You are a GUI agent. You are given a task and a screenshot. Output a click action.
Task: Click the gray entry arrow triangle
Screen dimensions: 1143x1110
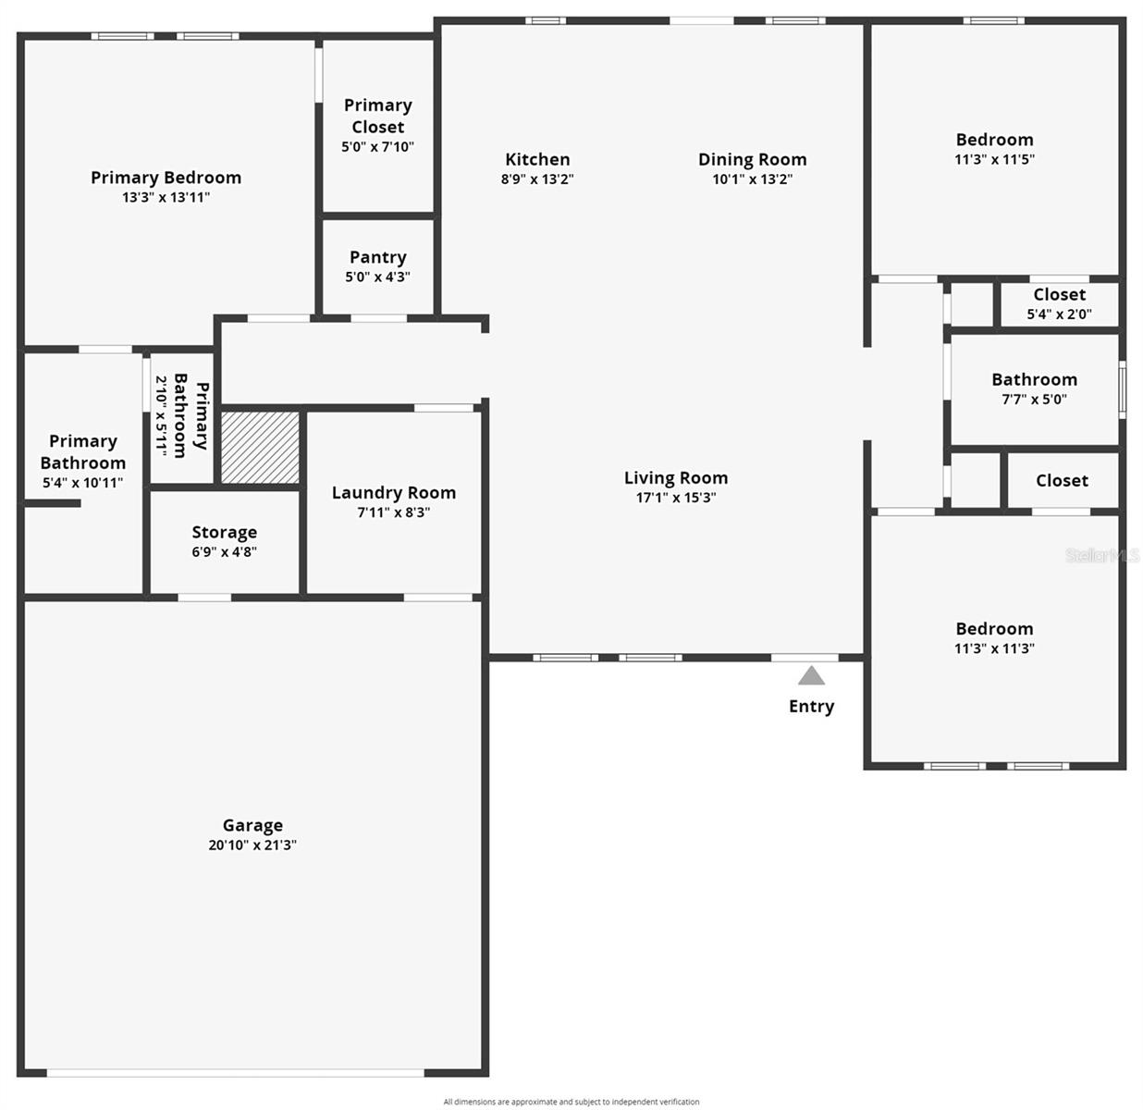pyautogui.click(x=811, y=676)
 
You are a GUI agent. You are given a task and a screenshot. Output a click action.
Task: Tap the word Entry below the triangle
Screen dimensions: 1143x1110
pyautogui.click(x=811, y=707)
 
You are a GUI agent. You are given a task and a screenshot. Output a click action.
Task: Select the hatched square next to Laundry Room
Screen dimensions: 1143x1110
pyautogui.click(x=260, y=448)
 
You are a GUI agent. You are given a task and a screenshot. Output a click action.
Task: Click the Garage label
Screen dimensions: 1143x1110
pyautogui.click(x=252, y=825)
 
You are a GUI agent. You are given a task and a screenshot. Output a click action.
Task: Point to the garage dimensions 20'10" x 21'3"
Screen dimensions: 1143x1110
pyautogui.click(x=252, y=845)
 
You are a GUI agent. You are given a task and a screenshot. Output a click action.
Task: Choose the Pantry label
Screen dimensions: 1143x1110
pyautogui.click(x=377, y=257)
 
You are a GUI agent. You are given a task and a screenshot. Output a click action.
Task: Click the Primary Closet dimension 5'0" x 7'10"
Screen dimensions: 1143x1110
pyautogui.click(x=377, y=147)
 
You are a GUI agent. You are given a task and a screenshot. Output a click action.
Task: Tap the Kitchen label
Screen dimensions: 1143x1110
pyautogui.click(x=537, y=159)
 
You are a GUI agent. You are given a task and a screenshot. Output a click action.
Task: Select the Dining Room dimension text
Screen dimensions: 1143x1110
pyautogui.click(x=753, y=179)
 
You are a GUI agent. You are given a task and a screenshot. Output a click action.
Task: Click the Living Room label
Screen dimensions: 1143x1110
pyautogui.click(x=676, y=477)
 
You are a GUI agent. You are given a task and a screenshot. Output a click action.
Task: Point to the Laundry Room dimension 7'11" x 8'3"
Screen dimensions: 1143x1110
pyautogui.click(x=394, y=512)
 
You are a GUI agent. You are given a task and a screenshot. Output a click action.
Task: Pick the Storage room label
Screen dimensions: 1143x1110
pyautogui.click(x=225, y=533)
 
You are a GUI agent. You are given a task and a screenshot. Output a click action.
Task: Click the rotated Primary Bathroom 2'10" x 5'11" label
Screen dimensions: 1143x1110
pyautogui.click(x=182, y=416)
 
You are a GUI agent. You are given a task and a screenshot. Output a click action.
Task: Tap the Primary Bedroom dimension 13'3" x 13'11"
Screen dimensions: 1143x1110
pyautogui.click(x=166, y=197)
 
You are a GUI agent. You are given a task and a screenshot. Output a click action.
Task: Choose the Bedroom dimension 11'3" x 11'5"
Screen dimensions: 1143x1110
pyautogui.click(x=994, y=159)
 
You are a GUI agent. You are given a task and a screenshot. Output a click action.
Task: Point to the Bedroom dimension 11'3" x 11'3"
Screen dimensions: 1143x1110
pyautogui.click(x=994, y=648)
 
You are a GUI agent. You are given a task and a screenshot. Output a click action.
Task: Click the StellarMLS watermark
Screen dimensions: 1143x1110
pyautogui.click(x=1102, y=555)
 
